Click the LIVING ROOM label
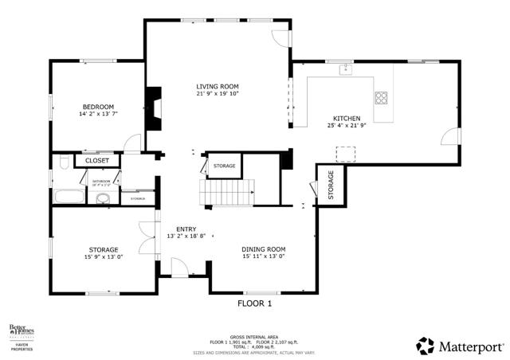(218, 86)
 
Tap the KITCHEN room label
(347, 118)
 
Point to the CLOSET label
(96, 161)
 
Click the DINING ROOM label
(263, 249)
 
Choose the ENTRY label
(186, 229)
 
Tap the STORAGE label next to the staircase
(224, 166)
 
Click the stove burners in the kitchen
(382, 99)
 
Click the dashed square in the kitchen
(346, 153)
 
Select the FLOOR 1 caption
(255, 303)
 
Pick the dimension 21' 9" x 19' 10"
(218, 94)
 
